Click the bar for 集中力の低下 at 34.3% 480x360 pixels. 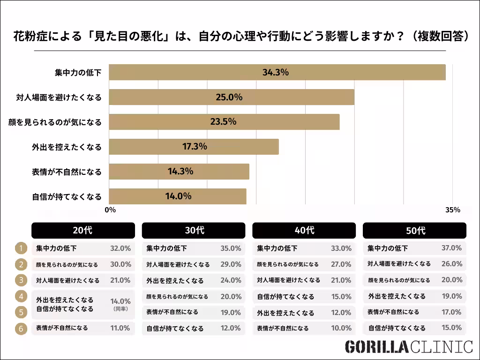point(277,73)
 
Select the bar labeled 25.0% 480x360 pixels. point(231,97)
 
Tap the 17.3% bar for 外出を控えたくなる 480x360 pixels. point(194,147)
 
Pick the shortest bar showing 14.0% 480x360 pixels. point(177,196)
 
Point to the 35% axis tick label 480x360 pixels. point(453,210)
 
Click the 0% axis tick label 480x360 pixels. point(110,210)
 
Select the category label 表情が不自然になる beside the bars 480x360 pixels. point(67,172)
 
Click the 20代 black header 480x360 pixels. point(83,230)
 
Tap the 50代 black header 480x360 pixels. point(415,230)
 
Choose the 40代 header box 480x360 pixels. point(304,230)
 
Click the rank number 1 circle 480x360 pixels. point(21,248)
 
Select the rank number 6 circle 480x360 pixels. point(21,329)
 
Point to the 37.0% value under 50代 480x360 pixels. point(451,248)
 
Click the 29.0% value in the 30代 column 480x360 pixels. point(231,264)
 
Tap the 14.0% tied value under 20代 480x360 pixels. point(120,301)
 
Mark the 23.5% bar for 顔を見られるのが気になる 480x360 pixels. point(224,122)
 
